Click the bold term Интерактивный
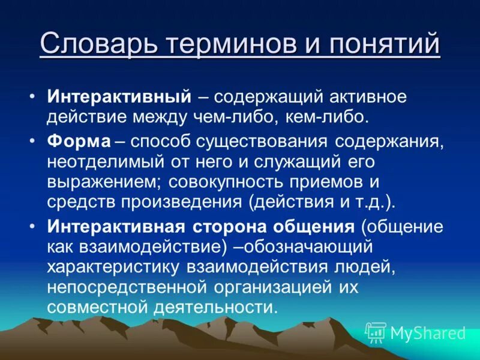(x=119, y=97)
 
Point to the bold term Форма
(x=79, y=142)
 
